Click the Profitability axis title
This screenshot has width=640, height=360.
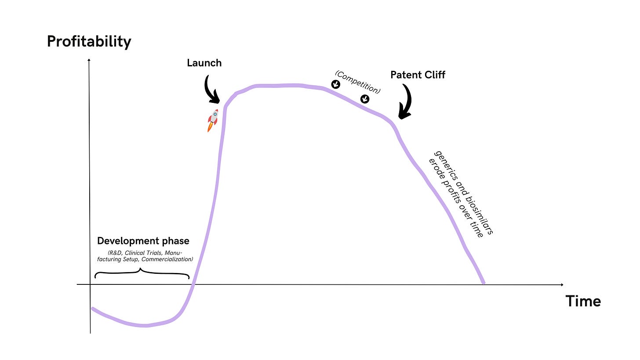[x=89, y=42]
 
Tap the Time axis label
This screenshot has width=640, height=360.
[x=583, y=302]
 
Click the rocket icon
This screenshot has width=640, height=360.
[x=213, y=120]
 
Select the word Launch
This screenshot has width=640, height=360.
[x=204, y=63]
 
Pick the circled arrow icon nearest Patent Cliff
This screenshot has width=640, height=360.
[x=365, y=99]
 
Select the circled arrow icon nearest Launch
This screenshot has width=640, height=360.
[x=335, y=84]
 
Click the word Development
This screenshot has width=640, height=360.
[x=127, y=241]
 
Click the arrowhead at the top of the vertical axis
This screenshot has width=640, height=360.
[x=89, y=59]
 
